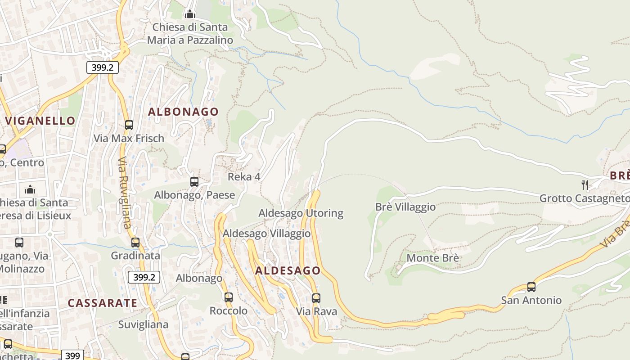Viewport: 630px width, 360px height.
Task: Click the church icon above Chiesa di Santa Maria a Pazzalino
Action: coord(190,14)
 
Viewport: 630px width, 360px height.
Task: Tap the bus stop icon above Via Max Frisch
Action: coord(129,125)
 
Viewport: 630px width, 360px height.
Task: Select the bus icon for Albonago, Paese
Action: coord(194,182)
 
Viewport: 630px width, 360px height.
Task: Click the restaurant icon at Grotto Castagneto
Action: coord(585,184)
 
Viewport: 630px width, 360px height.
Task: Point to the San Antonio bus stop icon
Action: coord(531,287)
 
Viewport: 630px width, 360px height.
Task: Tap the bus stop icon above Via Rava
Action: coord(316,298)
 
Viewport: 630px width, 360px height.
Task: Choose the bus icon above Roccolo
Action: coord(229,297)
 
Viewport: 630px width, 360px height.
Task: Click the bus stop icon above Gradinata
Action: coord(135,243)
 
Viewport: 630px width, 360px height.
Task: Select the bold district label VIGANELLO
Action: coord(40,121)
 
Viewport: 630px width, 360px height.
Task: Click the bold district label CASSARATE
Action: coord(103,303)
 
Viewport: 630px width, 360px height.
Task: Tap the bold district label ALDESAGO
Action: coord(288,271)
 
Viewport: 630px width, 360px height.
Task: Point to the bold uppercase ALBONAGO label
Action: coord(183,112)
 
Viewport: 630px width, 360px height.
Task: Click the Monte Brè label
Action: coord(433,258)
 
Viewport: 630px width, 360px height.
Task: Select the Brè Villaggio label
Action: coord(405,207)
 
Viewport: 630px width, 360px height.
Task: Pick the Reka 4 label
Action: coord(244,177)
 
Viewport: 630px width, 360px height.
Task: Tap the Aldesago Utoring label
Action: coord(301,213)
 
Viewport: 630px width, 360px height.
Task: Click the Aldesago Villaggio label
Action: coord(266,234)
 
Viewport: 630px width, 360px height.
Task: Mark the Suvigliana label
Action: coord(143,324)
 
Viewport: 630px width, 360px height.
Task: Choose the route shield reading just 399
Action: coord(72,355)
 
